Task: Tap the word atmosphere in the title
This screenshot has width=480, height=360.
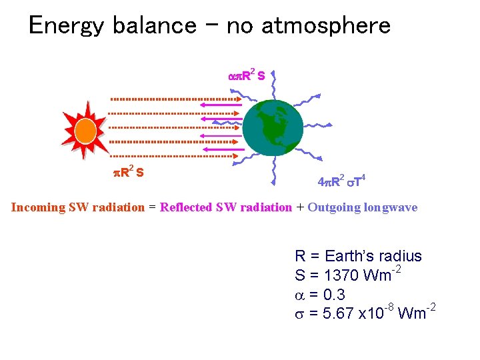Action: (326, 26)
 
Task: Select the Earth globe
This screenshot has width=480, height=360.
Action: (273, 128)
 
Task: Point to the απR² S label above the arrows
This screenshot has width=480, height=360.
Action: (247, 75)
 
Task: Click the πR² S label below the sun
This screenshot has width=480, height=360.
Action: (128, 173)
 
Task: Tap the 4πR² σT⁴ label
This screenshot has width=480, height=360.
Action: (341, 181)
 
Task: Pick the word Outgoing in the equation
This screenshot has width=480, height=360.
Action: (333, 207)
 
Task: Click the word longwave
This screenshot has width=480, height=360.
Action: (391, 207)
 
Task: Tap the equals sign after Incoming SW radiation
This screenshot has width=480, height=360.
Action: (152, 207)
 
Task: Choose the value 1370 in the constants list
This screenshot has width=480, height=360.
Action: (340, 275)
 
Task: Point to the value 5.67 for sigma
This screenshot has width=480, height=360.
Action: (339, 313)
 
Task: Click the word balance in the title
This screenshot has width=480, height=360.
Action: (154, 26)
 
